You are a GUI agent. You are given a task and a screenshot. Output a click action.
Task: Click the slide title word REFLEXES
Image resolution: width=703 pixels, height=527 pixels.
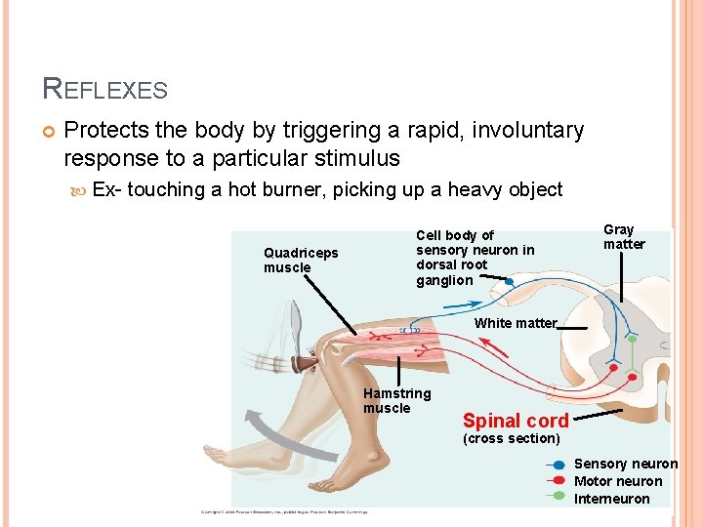105,90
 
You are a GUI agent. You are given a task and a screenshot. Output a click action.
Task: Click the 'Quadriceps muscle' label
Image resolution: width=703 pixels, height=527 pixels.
301,261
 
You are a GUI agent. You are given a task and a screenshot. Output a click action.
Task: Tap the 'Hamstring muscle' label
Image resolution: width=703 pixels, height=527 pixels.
396,400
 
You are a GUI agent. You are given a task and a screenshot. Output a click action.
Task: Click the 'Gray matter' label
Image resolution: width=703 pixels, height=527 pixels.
624,237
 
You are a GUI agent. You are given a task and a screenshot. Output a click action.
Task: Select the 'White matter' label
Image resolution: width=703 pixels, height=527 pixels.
516,323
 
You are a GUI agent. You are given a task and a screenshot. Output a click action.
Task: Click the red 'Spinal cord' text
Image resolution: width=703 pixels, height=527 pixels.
516,421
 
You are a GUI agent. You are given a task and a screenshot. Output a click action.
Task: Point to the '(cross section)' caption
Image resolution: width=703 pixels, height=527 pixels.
511,438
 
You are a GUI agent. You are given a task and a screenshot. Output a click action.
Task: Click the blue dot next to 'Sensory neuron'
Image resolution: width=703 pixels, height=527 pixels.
558,465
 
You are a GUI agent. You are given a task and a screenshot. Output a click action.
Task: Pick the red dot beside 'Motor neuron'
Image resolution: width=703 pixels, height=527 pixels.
558,480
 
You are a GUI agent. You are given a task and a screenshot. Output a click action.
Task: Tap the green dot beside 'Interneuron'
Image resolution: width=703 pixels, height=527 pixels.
558,496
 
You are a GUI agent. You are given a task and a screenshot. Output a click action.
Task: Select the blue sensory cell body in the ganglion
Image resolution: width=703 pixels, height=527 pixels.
509,281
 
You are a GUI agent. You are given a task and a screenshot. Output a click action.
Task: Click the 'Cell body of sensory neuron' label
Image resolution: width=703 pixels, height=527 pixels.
475,258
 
